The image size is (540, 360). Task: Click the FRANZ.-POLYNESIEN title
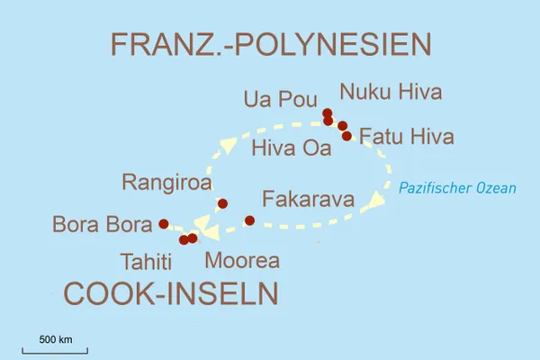(x=270, y=44)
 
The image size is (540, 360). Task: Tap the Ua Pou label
(x=280, y=98)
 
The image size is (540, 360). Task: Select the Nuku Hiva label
(x=390, y=91)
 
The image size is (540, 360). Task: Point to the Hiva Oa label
(x=292, y=148)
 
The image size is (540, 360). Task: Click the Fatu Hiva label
(x=406, y=137)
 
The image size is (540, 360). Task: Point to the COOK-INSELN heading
(x=170, y=293)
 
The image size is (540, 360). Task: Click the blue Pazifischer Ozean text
(x=458, y=188)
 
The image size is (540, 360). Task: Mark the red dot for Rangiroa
(x=223, y=203)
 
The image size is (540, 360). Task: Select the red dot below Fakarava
(x=250, y=220)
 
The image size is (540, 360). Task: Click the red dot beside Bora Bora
(x=163, y=223)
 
